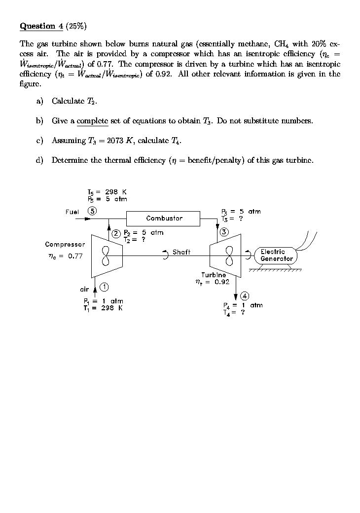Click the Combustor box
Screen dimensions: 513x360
click(164, 218)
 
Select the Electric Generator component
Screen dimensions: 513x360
click(276, 255)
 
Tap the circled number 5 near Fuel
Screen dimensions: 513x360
click(92, 211)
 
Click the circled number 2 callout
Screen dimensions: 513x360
click(116, 233)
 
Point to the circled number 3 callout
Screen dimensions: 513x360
click(224, 232)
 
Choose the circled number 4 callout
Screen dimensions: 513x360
click(244, 296)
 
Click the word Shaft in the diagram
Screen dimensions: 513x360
click(181, 252)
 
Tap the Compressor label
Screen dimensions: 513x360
click(65, 244)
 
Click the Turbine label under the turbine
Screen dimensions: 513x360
click(214, 275)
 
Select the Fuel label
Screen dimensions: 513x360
click(72, 212)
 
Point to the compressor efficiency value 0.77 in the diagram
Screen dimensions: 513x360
click(74, 256)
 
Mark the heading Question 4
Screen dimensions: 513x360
click(42, 26)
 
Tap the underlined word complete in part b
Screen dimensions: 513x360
click(93, 121)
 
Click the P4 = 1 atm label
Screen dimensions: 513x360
click(243, 305)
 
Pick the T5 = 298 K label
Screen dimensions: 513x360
click(107, 192)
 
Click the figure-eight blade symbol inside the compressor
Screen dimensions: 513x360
click(105, 256)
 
